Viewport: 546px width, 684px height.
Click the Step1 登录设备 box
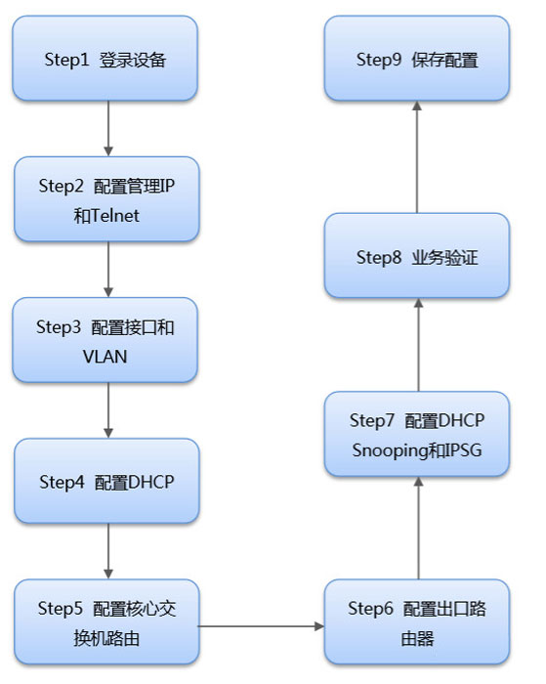pyautogui.click(x=105, y=59)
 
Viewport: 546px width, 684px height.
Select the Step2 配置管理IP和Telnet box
pyautogui.click(x=106, y=199)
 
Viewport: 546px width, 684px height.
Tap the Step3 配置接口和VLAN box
pyautogui.click(x=105, y=340)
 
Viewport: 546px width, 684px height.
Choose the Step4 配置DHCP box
pyautogui.click(x=106, y=481)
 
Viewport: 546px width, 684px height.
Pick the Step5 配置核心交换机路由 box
pyautogui.click(x=106, y=621)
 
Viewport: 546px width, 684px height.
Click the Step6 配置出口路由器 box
pyautogui.click(x=417, y=621)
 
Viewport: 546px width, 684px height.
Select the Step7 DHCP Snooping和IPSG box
pyautogui.click(x=417, y=434)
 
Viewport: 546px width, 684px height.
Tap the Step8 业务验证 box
pyautogui.click(x=417, y=256)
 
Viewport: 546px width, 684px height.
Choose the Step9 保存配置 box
pyautogui.click(x=417, y=59)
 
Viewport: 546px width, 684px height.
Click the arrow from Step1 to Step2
pyautogui.click(x=108, y=129)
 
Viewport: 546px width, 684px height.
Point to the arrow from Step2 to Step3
pyautogui.click(x=108, y=269)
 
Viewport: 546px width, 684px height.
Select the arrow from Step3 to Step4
pyautogui.click(x=108, y=410)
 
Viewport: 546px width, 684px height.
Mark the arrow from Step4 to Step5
pyautogui.click(x=108, y=551)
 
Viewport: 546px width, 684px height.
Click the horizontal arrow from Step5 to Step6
pyautogui.click(x=262, y=626)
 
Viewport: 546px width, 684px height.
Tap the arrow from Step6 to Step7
pyautogui.click(x=418, y=528)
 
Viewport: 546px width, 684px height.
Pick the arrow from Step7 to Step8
pyautogui.click(x=418, y=345)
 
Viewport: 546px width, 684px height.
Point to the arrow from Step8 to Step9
pyautogui.click(x=417, y=157)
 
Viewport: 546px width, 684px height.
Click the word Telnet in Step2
pyautogui.click(x=115, y=216)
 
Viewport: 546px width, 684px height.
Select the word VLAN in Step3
pyautogui.click(x=105, y=357)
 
